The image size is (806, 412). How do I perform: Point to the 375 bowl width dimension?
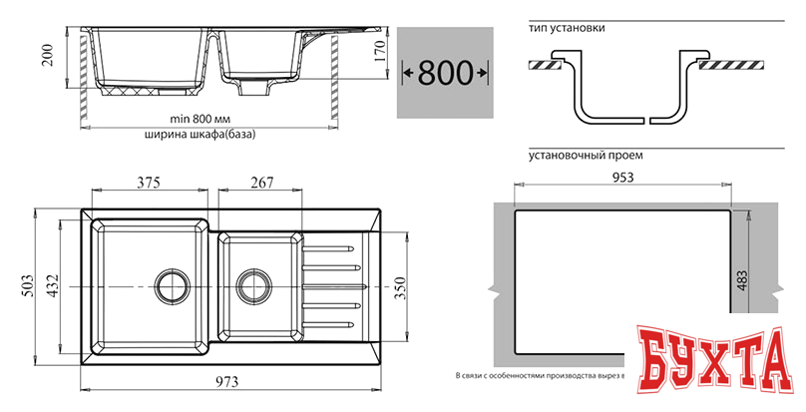(x=150, y=182)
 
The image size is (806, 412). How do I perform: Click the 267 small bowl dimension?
(x=260, y=182)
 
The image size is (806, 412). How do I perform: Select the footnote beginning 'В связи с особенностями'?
(x=539, y=376)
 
